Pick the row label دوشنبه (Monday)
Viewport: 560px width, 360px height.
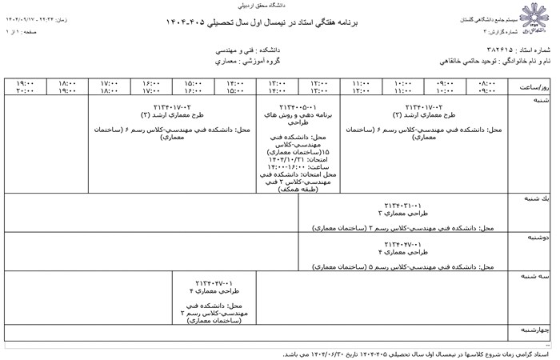point(538,238)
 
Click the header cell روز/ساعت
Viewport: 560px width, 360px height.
point(532,86)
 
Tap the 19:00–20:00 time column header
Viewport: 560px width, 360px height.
point(25,86)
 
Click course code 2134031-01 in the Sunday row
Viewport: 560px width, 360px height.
point(402,205)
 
